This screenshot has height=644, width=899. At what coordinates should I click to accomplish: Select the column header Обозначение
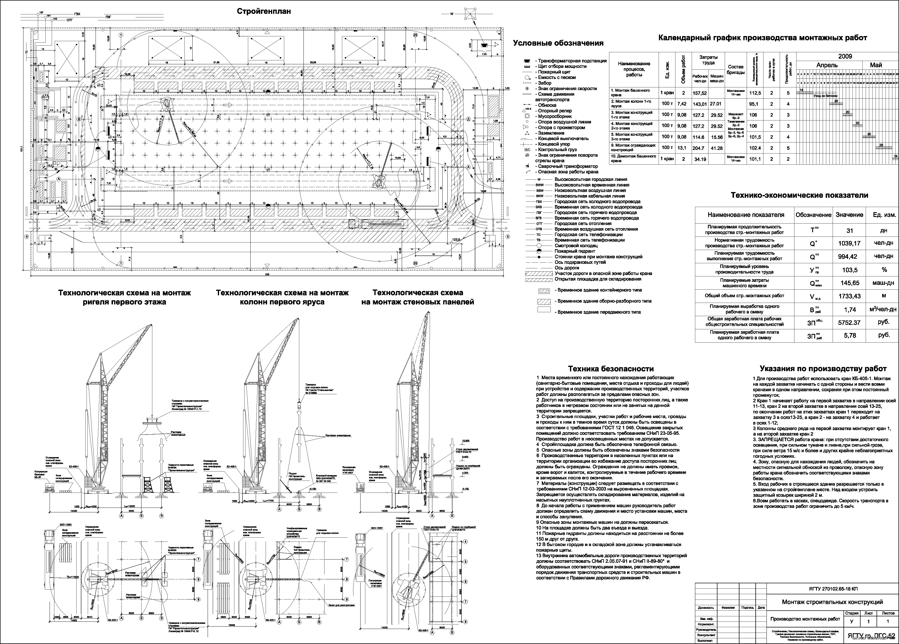[x=813, y=215]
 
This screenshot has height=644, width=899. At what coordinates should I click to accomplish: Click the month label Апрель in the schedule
[x=827, y=65]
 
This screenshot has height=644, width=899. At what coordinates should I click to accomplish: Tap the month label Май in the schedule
[x=876, y=65]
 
